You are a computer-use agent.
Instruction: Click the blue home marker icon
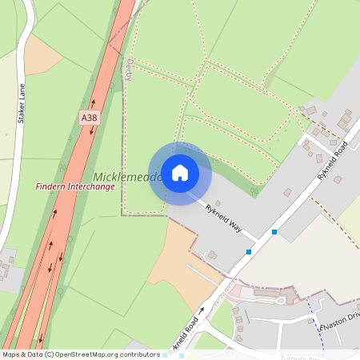(180, 173)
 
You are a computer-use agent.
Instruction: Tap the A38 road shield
(90, 117)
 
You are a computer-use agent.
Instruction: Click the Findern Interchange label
(74, 186)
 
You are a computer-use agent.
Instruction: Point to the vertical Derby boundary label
(127, 71)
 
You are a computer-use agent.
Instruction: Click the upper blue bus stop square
(274, 232)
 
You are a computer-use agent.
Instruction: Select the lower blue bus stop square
(249, 251)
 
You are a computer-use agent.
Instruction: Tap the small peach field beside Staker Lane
(42, 54)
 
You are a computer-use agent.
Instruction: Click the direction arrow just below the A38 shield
(90, 131)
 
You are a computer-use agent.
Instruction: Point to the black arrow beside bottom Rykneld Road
(202, 309)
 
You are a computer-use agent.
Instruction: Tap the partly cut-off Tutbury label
(299, 357)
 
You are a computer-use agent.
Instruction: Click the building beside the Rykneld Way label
(212, 255)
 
